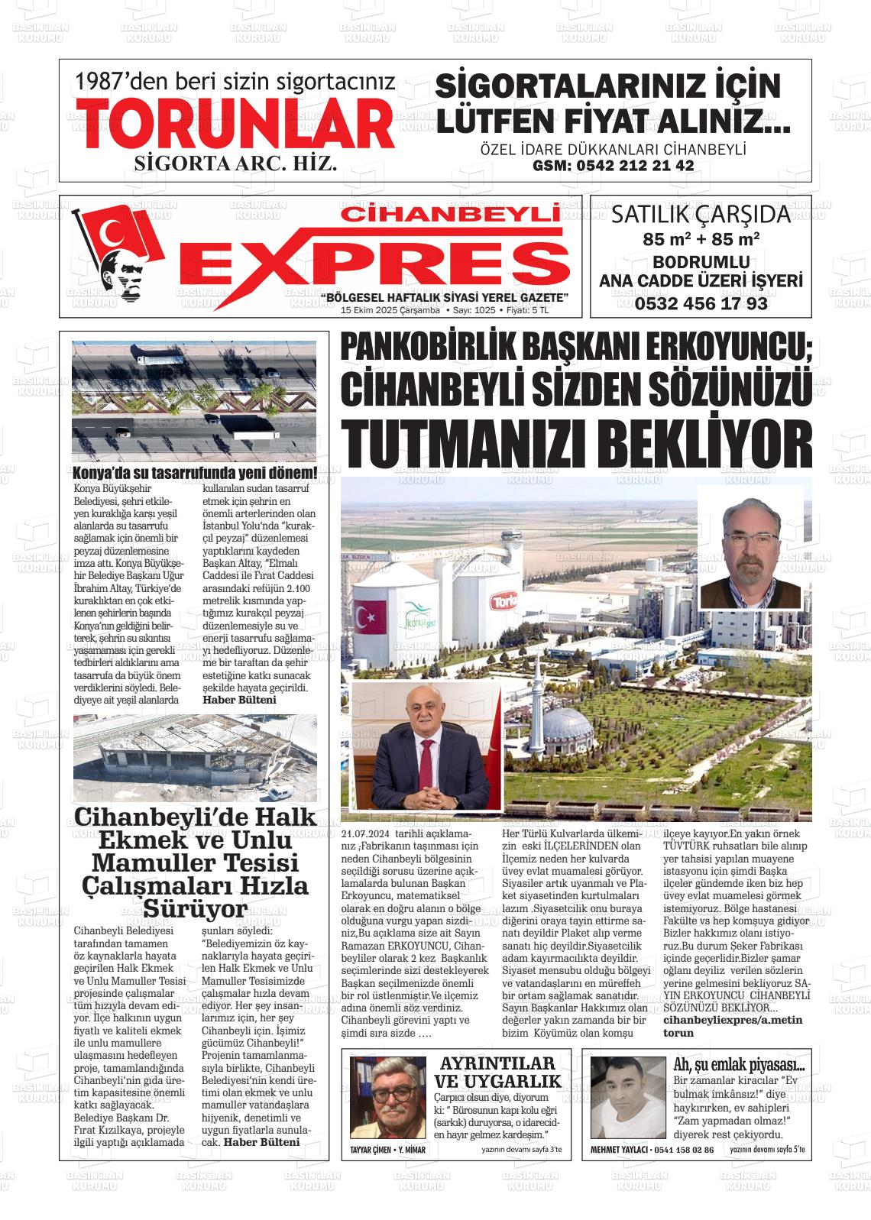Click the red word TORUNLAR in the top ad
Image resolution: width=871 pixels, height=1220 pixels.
pyautogui.click(x=237, y=125)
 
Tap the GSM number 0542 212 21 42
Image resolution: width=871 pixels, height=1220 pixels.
pyautogui.click(x=613, y=166)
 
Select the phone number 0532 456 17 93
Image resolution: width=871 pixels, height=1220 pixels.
pyautogui.click(x=701, y=303)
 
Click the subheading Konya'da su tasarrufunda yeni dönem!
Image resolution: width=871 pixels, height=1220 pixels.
pyautogui.click(x=195, y=472)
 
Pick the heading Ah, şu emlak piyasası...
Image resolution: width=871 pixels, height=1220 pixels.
pyautogui.click(x=738, y=1065)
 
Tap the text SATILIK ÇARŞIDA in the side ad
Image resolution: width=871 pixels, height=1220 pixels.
pyautogui.click(x=701, y=215)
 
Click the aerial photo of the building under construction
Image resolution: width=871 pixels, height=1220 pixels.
pyautogui.click(x=194, y=756)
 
